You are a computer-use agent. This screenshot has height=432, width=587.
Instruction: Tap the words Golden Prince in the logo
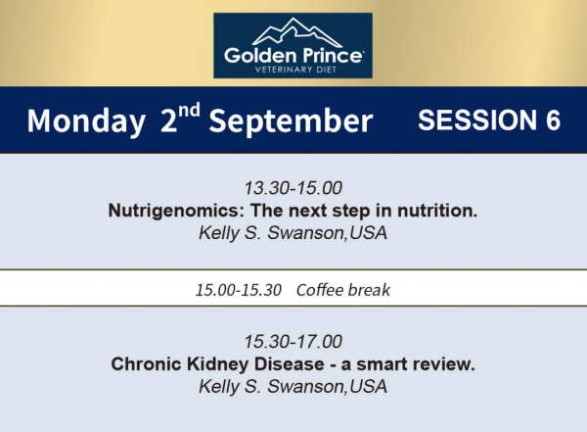(x=293, y=56)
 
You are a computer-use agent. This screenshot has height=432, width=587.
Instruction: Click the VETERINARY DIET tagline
(x=295, y=70)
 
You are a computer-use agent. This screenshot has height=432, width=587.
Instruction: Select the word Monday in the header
(x=86, y=121)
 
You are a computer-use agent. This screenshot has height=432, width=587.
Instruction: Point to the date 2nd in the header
(x=180, y=118)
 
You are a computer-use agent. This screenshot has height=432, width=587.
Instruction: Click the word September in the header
(x=291, y=121)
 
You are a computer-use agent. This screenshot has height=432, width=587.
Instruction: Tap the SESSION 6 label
(x=489, y=120)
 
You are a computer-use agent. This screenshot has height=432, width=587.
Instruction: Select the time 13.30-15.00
(x=293, y=188)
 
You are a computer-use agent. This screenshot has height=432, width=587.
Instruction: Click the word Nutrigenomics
(x=176, y=211)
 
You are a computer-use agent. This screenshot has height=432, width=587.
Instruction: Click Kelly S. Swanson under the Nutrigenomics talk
(x=271, y=233)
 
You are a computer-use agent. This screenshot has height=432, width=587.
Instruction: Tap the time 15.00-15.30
(x=239, y=290)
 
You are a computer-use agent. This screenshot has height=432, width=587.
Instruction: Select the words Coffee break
(x=343, y=290)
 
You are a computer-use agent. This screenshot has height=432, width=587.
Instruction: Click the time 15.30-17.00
(x=293, y=342)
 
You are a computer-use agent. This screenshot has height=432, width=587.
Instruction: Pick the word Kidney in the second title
(x=217, y=364)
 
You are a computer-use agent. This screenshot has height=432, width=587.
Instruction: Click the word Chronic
(x=146, y=363)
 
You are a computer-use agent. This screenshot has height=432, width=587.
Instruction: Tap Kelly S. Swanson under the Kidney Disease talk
(x=271, y=387)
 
